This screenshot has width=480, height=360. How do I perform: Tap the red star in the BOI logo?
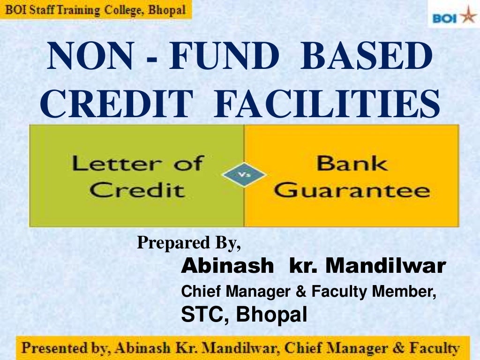click(x=468, y=16)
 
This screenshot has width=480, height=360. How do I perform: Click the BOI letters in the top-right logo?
click(x=445, y=19)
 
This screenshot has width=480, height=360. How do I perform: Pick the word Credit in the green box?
click(x=137, y=190)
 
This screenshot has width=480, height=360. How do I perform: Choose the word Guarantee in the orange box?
click(x=352, y=190)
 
